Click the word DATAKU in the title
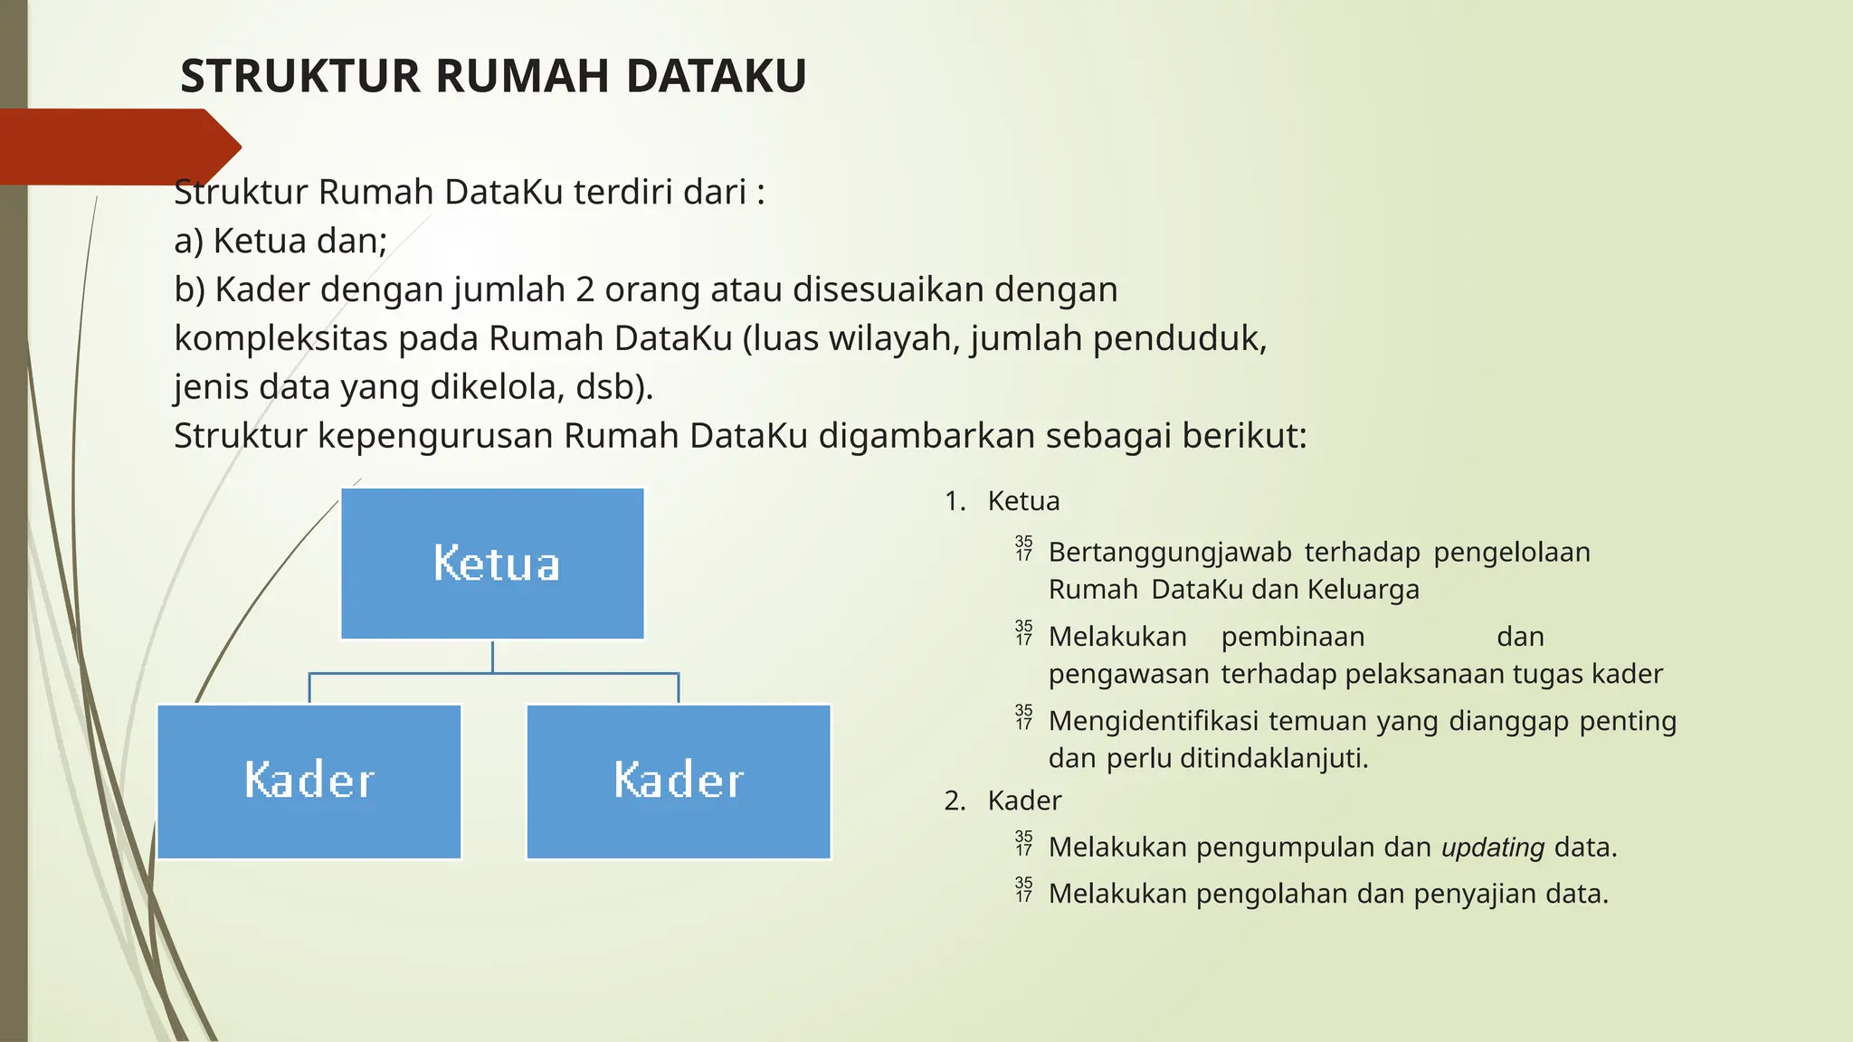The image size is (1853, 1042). tap(716, 76)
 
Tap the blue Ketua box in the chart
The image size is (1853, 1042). tap(493, 564)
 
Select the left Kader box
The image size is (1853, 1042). tap(309, 781)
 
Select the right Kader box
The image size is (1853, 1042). tap(679, 781)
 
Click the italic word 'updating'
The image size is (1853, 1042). tap(1492, 848)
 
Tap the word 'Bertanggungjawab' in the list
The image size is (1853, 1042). tap(1169, 553)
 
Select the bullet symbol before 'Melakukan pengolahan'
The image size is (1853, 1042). tap(1023, 890)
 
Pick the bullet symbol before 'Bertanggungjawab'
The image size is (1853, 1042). tap(1023, 548)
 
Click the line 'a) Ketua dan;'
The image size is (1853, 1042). tap(280, 242)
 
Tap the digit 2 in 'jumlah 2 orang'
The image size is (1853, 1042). tap(584, 290)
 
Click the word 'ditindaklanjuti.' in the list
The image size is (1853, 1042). tap(1274, 758)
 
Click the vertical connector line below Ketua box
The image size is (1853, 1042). tap(493, 657)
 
